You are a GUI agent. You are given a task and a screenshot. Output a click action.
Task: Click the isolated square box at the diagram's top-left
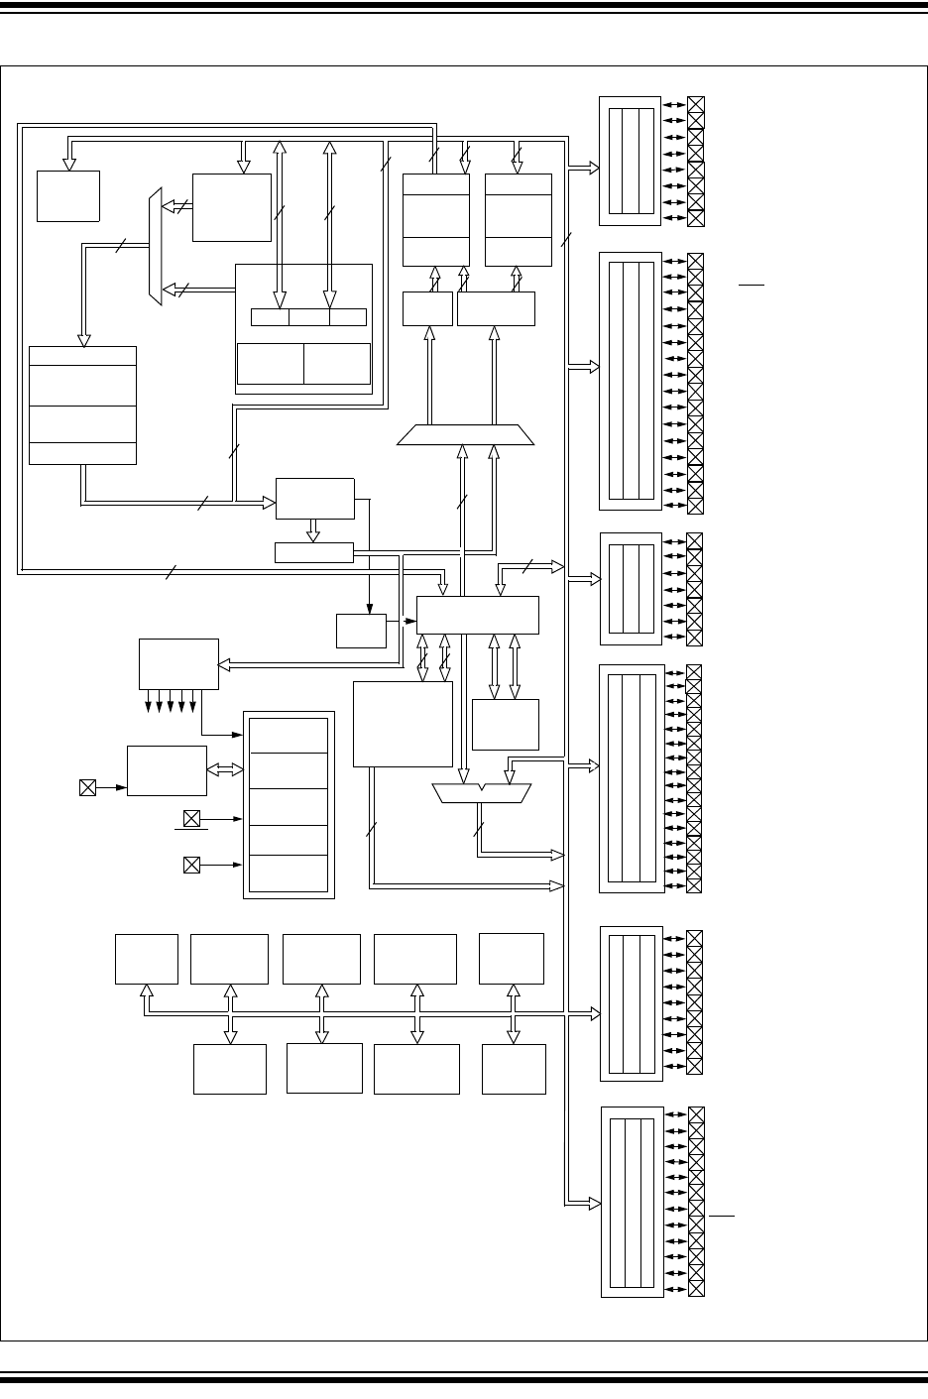point(68,195)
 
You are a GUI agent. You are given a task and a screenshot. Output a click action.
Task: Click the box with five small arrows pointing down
point(178,663)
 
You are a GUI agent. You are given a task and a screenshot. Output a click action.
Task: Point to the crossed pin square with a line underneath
point(191,819)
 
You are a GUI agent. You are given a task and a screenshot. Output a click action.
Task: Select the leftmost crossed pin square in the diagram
point(87,787)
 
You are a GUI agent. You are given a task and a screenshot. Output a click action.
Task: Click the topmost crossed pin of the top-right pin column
point(696,105)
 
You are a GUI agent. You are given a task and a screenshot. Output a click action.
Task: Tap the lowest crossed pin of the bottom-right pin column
point(696,1288)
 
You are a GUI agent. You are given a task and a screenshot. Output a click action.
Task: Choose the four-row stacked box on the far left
point(82,405)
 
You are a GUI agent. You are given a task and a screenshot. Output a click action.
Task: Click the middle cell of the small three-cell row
point(309,317)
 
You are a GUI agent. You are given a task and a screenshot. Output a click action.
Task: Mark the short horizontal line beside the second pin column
point(752,285)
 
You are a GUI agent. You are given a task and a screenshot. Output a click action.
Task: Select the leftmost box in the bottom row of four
point(230,1068)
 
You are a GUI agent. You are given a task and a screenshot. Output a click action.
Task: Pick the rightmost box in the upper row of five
point(512,958)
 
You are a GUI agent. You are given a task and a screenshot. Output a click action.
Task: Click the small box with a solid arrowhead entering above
point(361,631)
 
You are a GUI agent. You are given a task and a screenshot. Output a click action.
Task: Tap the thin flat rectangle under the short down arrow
point(313,552)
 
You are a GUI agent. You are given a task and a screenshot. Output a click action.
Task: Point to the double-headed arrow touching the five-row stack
point(225,769)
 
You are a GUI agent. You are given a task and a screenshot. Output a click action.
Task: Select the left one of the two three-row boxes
point(436,220)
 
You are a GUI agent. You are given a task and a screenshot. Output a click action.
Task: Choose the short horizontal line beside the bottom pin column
point(722,1214)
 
